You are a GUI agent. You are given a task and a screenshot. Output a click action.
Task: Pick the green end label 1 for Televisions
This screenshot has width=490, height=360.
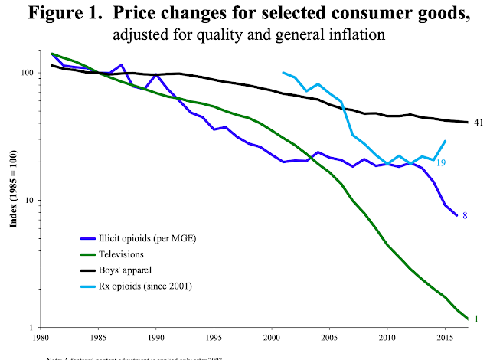click(476, 319)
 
